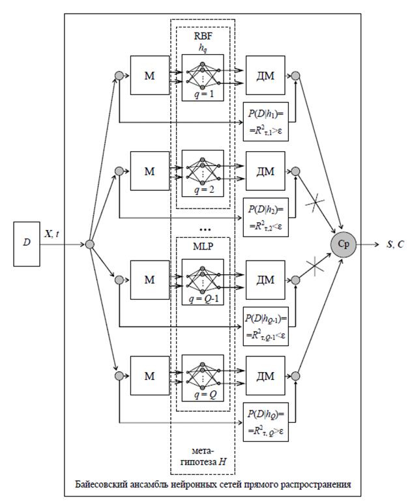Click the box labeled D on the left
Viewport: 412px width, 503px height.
point(27,244)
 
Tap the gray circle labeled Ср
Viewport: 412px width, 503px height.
point(344,244)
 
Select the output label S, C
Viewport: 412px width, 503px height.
point(395,244)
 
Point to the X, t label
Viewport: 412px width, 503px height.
point(51,234)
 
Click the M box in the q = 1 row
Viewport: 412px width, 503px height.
point(150,76)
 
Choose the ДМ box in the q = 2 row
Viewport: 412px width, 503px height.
point(265,171)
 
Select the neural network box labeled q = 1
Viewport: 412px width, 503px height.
point(203,78)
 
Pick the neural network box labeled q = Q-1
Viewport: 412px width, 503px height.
point(203,282)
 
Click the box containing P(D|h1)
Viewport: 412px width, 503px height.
point(266,122)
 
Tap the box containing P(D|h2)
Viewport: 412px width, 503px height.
point(266,217)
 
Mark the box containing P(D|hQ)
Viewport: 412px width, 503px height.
point(266,422)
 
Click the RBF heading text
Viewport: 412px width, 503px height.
point(203,36)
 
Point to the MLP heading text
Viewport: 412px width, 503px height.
point(203,246)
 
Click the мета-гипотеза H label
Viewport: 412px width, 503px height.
point(203,457)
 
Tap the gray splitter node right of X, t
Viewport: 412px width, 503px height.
point(89,244)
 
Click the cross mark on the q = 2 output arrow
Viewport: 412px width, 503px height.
point(315,203)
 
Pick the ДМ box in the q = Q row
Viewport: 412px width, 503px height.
point(265,376)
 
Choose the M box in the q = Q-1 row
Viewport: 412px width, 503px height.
point(150,280)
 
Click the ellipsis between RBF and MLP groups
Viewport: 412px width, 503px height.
point(205,229)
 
